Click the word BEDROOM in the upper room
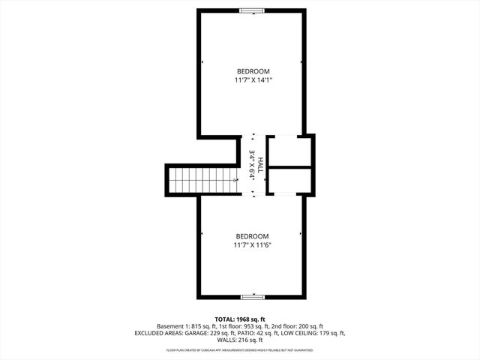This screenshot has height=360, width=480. (x=252, y=70)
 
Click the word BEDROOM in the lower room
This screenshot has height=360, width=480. (x=252, y=235)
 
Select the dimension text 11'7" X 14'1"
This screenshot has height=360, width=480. (x=252, y=79)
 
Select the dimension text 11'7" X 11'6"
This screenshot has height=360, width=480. (x=252, y=244)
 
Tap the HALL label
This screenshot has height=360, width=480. (x=260, y=164)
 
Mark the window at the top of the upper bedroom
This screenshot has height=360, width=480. (x=252, y=10)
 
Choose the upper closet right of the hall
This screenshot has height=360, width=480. (x=289, y=150)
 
